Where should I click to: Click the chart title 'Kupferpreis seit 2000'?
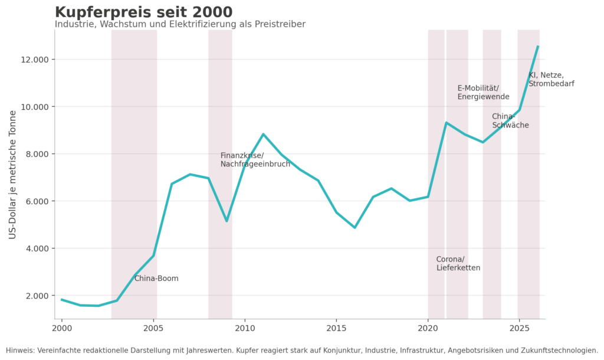[x=144, y=12]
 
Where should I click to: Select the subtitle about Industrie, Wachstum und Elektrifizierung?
[x=180, y=24]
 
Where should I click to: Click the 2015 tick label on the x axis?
[x=336, y=328]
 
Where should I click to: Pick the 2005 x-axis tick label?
[x=153, y=328]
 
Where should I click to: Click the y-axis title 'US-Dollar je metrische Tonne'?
[x=13, y=175]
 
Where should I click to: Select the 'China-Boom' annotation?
[x=156, y=279]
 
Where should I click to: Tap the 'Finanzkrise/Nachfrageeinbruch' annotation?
[x=255, y=160]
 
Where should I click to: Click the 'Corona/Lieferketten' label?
[x=458, y=264]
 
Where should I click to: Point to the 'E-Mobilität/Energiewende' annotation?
[x=484, y=93]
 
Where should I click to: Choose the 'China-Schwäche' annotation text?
[x=510, y=121]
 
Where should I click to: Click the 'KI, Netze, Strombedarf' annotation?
[x=552, y=80]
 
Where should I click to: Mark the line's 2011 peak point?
[x=263, y=134]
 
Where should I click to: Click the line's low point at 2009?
[x=226, y=221]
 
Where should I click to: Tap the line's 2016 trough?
[x=354, y=227]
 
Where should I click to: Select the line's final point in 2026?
[x=538, y=46]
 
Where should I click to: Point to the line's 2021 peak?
[x=446, y=123]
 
